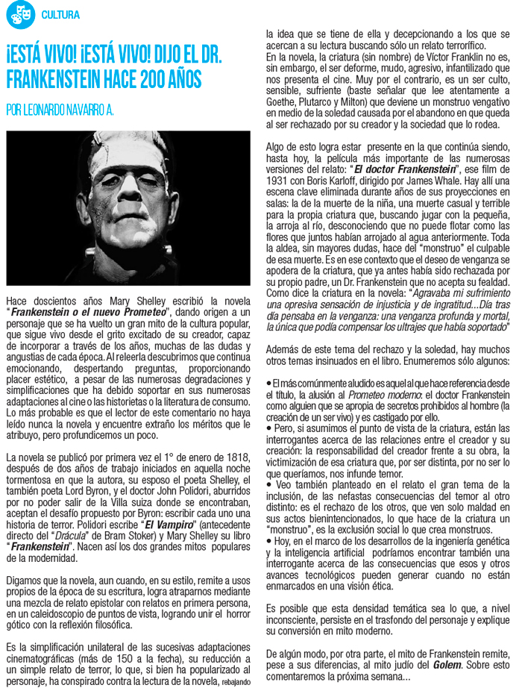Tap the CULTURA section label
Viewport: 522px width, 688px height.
click(x=60, y=14)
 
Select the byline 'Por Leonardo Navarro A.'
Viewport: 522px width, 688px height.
click(x=60, y=110)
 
